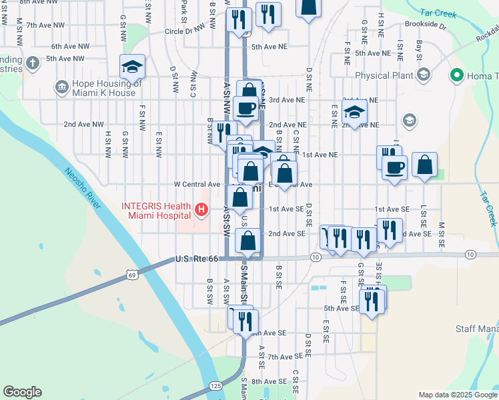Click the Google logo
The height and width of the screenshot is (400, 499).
(22, 392)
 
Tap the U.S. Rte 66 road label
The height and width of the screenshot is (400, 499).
(196, 259)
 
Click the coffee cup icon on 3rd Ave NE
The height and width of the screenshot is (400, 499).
(245, 107)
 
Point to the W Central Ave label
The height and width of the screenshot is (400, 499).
(197, 184)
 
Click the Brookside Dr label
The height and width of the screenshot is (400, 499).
(424, 24)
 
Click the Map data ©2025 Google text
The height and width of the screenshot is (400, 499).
(457, 394)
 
